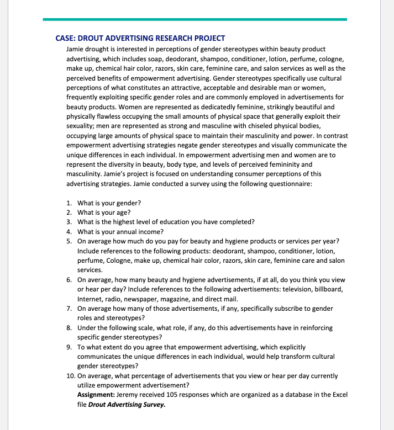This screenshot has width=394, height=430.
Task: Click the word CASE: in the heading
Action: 66,38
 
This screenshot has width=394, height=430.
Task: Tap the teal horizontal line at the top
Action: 195,19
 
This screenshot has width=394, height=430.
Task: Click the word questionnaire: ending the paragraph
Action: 291,183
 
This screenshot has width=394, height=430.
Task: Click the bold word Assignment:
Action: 97,395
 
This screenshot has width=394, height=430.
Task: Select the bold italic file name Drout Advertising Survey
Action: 127,404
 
